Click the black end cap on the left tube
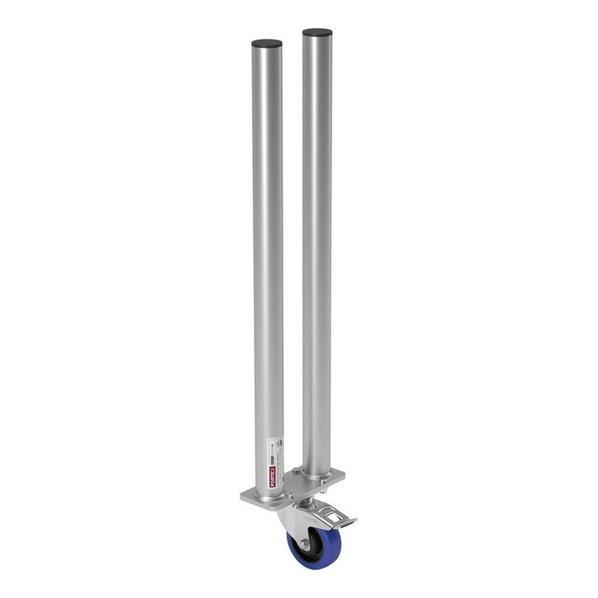point(267,44)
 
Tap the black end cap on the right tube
point(317,33)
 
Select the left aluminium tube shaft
point(268,247)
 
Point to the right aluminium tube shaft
point(317,247)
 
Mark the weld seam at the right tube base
point(317,477)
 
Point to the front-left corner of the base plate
point(245,496)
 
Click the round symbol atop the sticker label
point(278,442)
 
